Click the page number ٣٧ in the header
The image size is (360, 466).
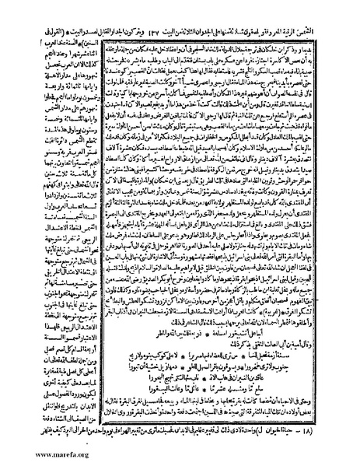(187, 16)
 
